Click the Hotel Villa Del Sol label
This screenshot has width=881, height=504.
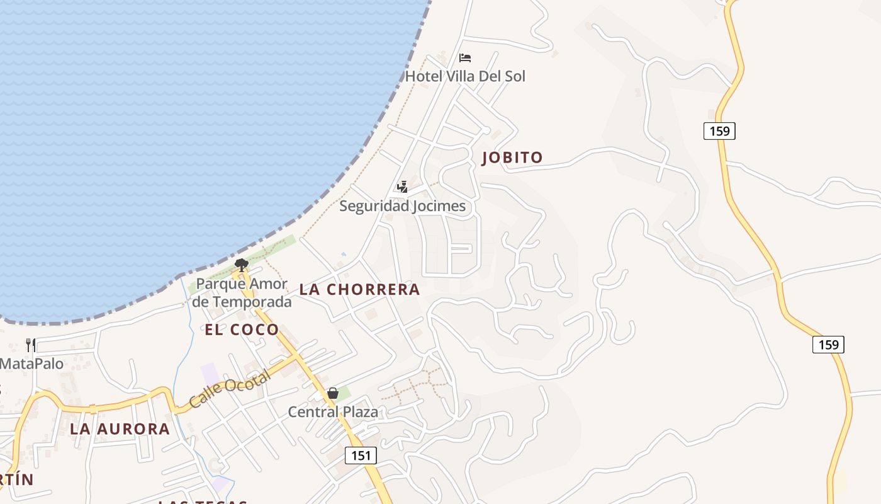(x=465, y=76)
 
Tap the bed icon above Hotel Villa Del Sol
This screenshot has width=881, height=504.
(x=465, y=58)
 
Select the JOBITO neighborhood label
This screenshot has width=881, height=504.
(x=512, y=157)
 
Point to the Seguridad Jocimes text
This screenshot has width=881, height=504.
(x=403, y=206)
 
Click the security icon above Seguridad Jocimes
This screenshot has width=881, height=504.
(x=403, y=186)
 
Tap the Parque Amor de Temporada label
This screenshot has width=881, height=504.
(x=242, y=293)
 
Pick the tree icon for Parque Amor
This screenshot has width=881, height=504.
(x=241, y=264)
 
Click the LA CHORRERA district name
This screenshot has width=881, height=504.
(x=359, y=289)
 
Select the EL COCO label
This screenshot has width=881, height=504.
(x=242, y=329)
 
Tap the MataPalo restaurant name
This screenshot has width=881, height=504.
(x=31, y=364)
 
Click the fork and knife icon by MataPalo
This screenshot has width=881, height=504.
(x=31, y=345)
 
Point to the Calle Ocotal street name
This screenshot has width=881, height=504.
(x=230, y=388)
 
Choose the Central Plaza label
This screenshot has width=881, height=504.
(x=333, y=412)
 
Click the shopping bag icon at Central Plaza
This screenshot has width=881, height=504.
(x=333, y=394)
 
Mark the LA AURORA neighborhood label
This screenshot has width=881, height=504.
(x=120, y=429)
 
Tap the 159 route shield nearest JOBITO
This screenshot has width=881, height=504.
(x=719, y=131)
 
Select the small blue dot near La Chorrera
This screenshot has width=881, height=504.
(x=343, y=255)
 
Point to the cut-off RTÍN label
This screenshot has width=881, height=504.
(x=16, y=479)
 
